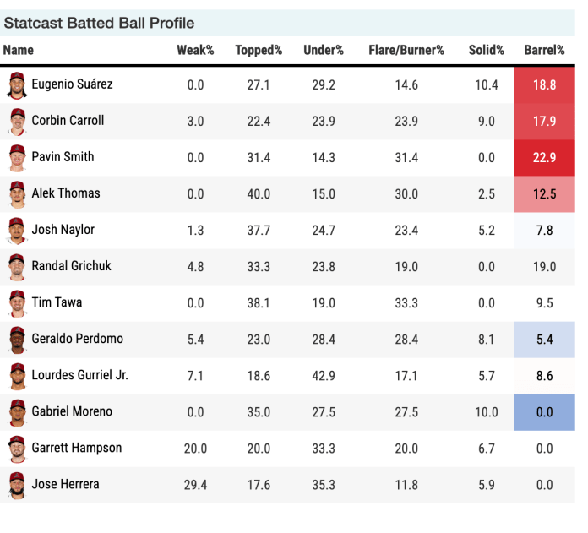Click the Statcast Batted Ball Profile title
tap(99, 23)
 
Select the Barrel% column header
tap(544, 50)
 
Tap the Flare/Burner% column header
tap(406, 50)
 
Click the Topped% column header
tap(259, 50)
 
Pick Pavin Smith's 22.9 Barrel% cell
tap(545, 157)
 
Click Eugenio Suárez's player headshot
tap(16, 84)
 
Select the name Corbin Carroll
tap(68, 121)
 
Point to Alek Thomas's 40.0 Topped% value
tap(259, 193)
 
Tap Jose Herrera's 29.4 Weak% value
tap(195, 485)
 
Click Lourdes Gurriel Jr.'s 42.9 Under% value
tap(324, 376)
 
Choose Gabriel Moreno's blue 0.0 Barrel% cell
tap(545, 412)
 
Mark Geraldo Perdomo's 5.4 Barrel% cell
tap(545, 340)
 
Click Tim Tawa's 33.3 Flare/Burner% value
tap(406, 302)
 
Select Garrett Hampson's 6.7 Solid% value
tap(486, 449)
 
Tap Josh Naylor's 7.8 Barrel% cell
tap(545, 230)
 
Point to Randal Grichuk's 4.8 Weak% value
tap(195, 266)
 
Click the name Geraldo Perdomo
tap(77, 339)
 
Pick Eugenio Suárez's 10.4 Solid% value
tap(486, 84)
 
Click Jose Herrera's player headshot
tap(16, 485)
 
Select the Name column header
tap(19, 50)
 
